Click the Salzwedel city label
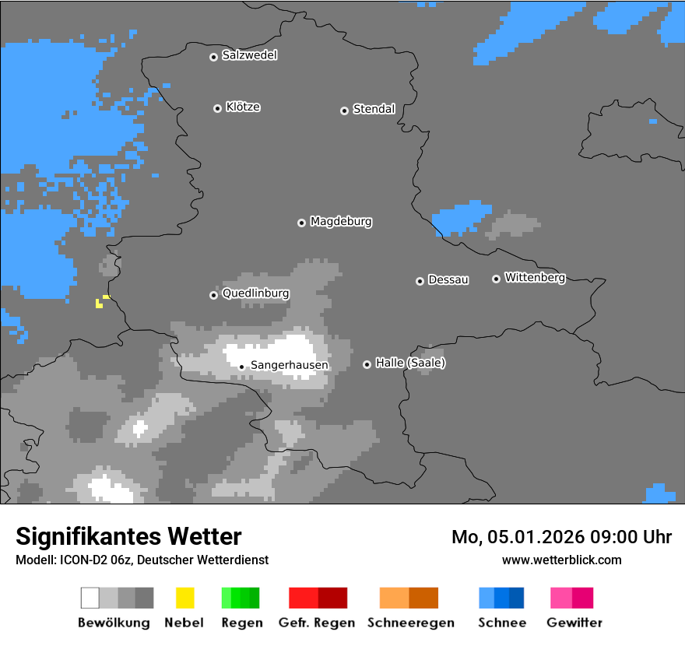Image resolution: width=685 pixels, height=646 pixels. click(x=249, y=55)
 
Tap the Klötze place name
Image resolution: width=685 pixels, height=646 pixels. click(x=243, y=107)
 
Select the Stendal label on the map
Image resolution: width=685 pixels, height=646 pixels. click(x=374, y=109)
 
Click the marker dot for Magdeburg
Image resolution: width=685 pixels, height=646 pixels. click(x=301, y=223)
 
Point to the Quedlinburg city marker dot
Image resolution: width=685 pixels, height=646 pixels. click(x=213, y=295)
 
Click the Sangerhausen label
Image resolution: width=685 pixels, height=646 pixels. click(x=289, y=365)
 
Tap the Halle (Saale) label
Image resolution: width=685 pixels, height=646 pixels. click(x=410, y=363)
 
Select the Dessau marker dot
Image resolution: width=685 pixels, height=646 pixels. click(x=420, y=281)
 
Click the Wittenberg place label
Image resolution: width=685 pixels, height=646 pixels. click(x=535, y=277)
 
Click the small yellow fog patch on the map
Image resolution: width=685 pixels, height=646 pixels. click(x=100, y=302)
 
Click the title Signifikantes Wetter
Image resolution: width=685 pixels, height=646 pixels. click(x=128, y=536)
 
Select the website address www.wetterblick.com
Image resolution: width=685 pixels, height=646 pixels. click(x=561, y=560)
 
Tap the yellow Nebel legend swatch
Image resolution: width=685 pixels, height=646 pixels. click(x=184, y=598)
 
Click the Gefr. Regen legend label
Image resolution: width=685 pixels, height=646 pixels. click(x=317, y=623)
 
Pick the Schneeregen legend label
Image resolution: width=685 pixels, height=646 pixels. click(x=410, y=623)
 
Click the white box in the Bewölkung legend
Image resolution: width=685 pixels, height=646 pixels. click(x=90, y=598)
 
